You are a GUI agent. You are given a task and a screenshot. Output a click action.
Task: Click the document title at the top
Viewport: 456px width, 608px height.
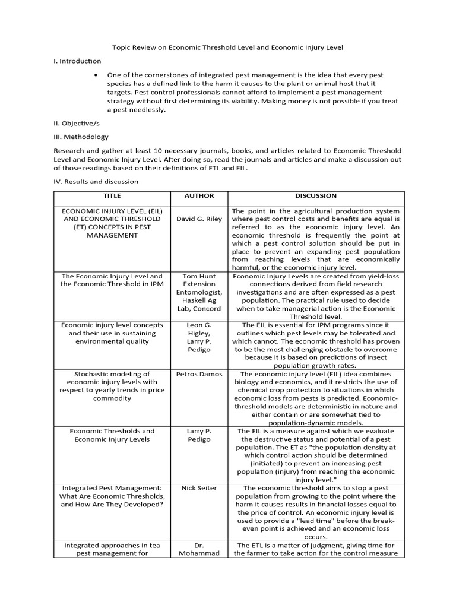pos(228,47)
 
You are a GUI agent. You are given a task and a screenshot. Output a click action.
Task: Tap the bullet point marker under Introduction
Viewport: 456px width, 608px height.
pos(97,75)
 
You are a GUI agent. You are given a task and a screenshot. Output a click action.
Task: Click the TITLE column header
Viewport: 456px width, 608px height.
pos(112,196)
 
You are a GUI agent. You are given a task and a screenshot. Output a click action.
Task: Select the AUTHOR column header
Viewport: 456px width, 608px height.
pos(199,196)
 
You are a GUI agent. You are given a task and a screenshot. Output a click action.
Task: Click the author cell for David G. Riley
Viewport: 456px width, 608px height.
pos(199,218)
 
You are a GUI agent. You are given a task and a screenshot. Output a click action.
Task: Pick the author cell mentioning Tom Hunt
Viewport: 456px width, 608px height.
pos(199,292)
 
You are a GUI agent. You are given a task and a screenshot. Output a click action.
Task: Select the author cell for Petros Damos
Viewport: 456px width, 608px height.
pos(199,374)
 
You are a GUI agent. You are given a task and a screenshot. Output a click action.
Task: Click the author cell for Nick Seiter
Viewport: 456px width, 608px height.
pos(199,488)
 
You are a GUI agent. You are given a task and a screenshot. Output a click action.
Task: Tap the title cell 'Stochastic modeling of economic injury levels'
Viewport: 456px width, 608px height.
pos(112,386)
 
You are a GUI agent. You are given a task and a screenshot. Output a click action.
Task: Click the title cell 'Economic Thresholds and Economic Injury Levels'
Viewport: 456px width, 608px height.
pos(112,435)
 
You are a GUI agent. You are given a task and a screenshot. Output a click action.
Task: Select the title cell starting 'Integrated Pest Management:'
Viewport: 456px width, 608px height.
pos(112,496)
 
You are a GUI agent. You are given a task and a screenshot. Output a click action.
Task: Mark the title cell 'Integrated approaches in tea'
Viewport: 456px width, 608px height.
pos(112,549)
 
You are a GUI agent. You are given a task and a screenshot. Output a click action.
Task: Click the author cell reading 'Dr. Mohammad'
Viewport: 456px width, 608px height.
pos(199,549)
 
